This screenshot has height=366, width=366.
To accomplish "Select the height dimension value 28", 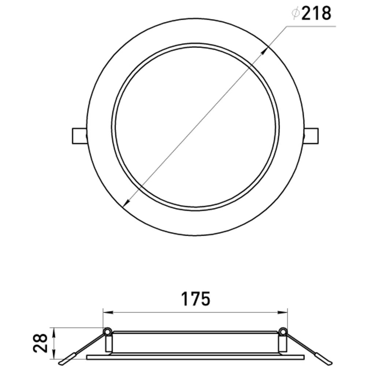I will (41, 343).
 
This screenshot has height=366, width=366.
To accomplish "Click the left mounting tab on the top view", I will (79, 136).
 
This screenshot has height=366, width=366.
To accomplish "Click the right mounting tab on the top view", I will (311, 136).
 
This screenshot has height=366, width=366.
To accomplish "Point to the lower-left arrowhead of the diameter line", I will (126, 202).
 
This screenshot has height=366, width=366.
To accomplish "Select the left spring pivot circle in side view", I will (107, 332).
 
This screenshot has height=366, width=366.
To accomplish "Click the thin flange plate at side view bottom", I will (195, 356).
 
